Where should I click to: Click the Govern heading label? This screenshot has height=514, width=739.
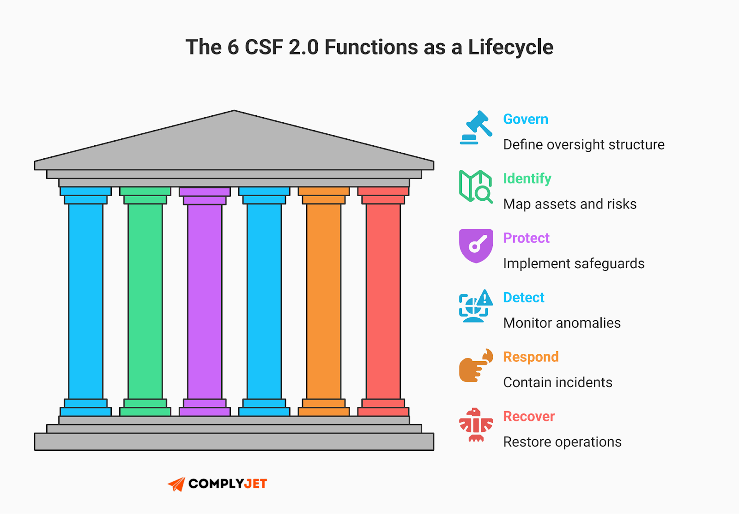click(525, 119)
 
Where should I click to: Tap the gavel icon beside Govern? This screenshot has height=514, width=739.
click(476, 128)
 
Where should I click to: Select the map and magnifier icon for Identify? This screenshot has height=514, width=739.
click(476, 186)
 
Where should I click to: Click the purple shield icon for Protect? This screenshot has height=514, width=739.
click(476, 245)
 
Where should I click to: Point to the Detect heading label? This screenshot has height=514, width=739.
click(523, 298)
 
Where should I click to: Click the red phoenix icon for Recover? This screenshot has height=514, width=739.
click(476, 424)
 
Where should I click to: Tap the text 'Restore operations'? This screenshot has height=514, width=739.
click(562, 442)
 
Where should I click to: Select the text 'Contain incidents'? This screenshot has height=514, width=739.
click(557, 383)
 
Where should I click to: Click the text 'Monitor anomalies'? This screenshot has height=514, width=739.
click(562, 323)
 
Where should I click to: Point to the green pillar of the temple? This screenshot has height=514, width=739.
click(145, 300)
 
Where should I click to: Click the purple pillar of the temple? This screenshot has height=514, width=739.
click(205, 300)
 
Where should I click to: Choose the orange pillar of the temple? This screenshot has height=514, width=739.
click(323, 300)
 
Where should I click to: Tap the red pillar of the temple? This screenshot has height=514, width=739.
click(383, 300)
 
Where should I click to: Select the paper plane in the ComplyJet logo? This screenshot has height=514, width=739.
click(176, 484)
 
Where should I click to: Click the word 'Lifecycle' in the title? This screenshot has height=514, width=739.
click(510, 47)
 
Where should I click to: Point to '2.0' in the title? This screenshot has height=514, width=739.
click(303, 47)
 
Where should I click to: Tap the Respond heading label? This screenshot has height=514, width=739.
click(531, 357)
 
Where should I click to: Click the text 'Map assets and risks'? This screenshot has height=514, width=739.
click(569, 204)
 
